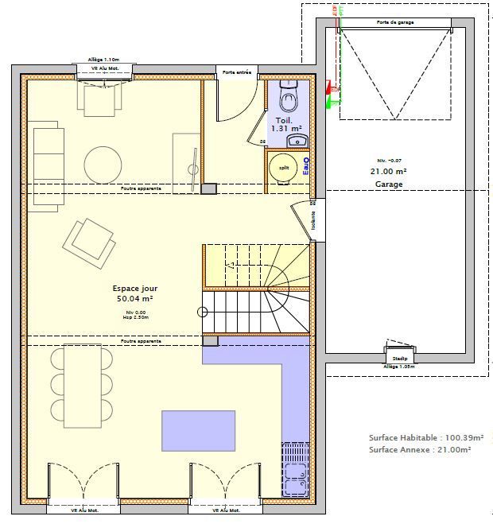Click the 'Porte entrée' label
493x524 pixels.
[237, 72]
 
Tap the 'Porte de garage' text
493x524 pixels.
[394, 23]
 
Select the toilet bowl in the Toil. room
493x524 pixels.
[288, 99]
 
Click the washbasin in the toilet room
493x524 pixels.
[297, 141]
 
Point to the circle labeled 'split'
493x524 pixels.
[282, 168]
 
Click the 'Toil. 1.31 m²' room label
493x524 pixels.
[285, 124]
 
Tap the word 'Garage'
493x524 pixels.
[389, 184]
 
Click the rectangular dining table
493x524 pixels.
[82, 386]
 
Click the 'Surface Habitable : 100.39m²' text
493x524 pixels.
[420, 437]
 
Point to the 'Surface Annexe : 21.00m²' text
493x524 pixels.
[420, 449]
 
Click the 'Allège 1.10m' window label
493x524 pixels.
[103, 60]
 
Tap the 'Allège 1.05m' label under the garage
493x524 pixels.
[398, 367]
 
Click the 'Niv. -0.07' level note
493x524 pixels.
[389, 161]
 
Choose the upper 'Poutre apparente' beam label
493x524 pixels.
[141, 188]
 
